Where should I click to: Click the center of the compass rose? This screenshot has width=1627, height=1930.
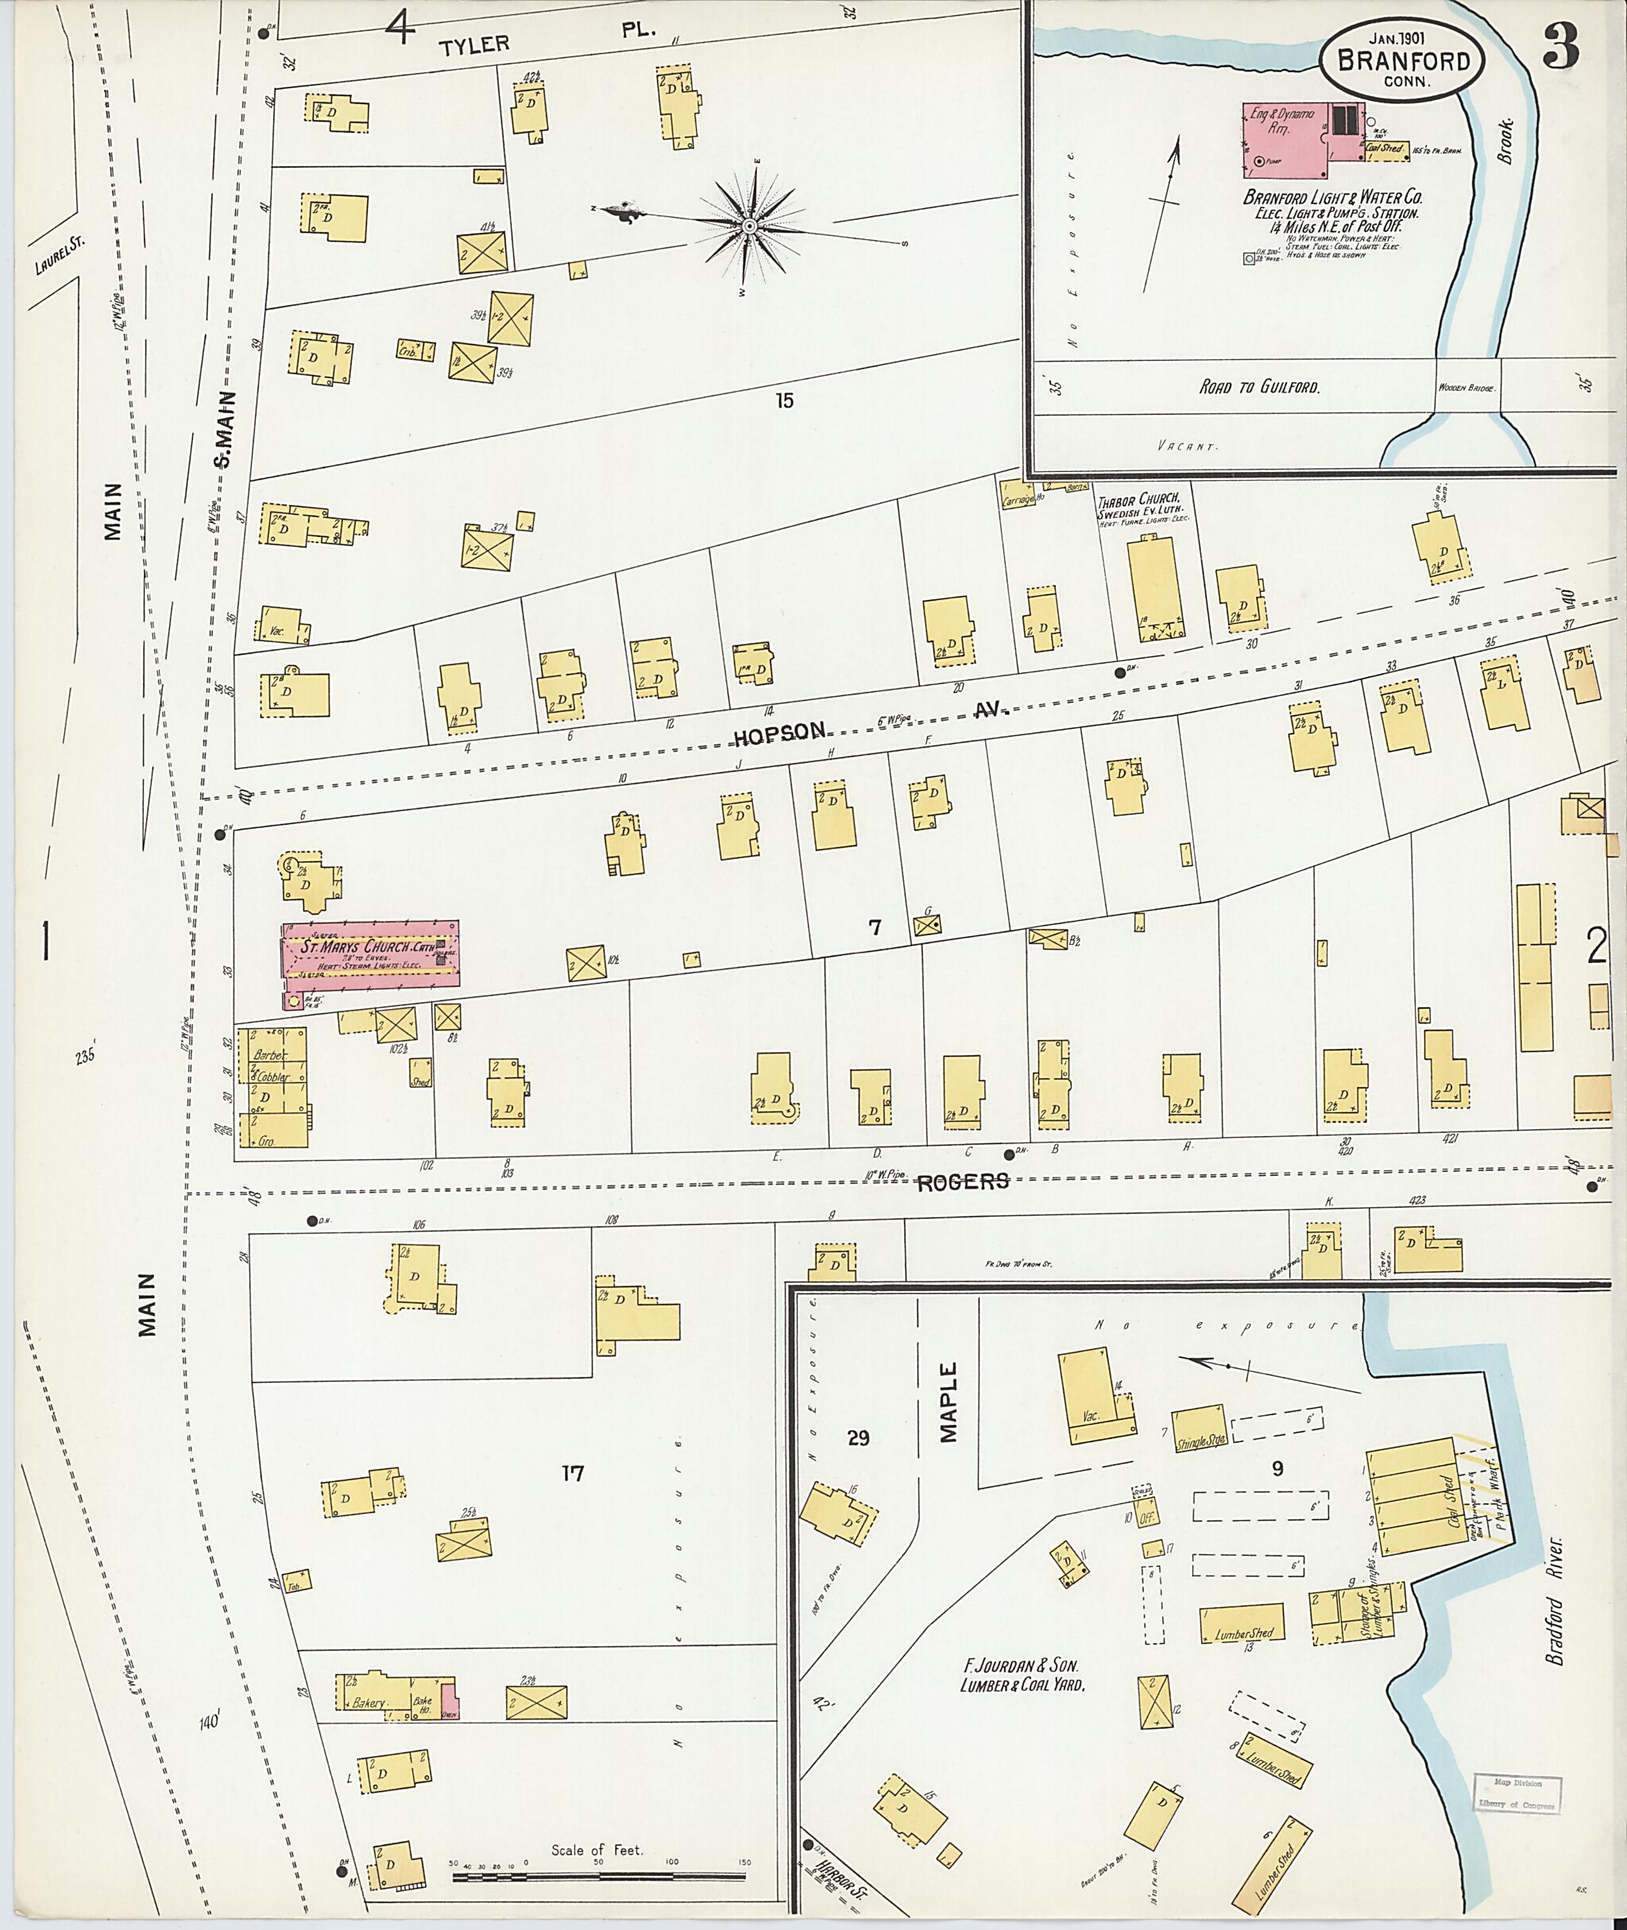tap(750, 226)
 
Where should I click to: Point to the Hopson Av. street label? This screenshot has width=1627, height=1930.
tap(779, 733)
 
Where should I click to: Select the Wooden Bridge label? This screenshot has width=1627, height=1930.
tap(1467, 389)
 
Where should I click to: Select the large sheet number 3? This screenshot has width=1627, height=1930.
tap(1559, 44)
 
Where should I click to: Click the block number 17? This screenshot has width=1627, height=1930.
tap(573, 1473)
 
